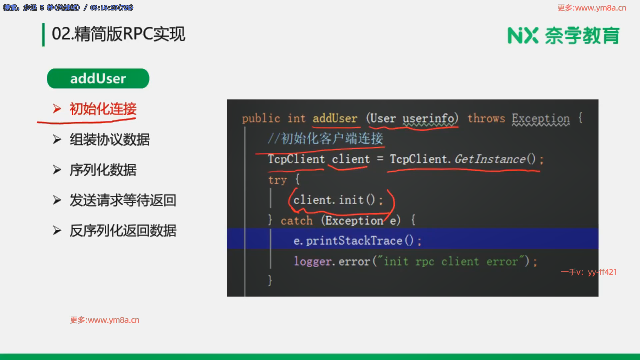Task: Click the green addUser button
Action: [98, 78]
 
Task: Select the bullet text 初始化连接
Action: [103, 109]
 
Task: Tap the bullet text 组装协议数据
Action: [110, 139]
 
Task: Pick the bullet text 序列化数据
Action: [103, 170]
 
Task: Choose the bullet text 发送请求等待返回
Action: [123, 200]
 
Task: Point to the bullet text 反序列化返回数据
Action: [123, 231]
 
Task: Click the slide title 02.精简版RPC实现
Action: [118, 34]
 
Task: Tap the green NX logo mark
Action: [523, 35]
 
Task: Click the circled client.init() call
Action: [338, 200]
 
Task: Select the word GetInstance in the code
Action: [490, 159]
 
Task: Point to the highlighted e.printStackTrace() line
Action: [357, 241]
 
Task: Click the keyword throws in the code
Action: [486, 118]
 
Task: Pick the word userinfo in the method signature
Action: [428, 118]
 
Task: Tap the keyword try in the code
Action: [277, 180]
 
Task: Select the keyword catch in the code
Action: [297, 220]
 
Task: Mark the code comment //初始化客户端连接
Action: [326, 139]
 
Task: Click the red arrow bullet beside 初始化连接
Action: [57, 109]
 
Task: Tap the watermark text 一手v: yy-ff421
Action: [589, 272]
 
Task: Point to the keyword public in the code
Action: [261, 119]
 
